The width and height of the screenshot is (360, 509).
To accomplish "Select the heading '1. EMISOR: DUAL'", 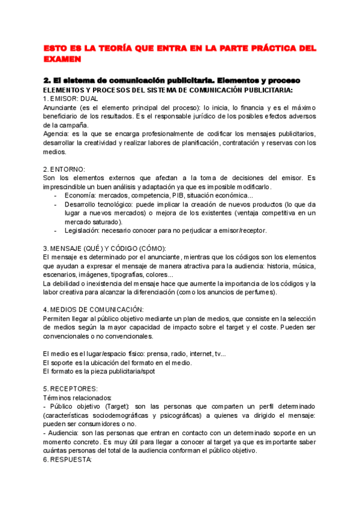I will pos(71,98).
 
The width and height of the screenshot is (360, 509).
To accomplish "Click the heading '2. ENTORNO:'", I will pos(64,169).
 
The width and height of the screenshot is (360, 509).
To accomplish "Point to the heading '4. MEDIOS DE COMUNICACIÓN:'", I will pos(93,309).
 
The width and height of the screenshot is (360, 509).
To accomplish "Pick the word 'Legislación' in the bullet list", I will pos(82,230).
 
